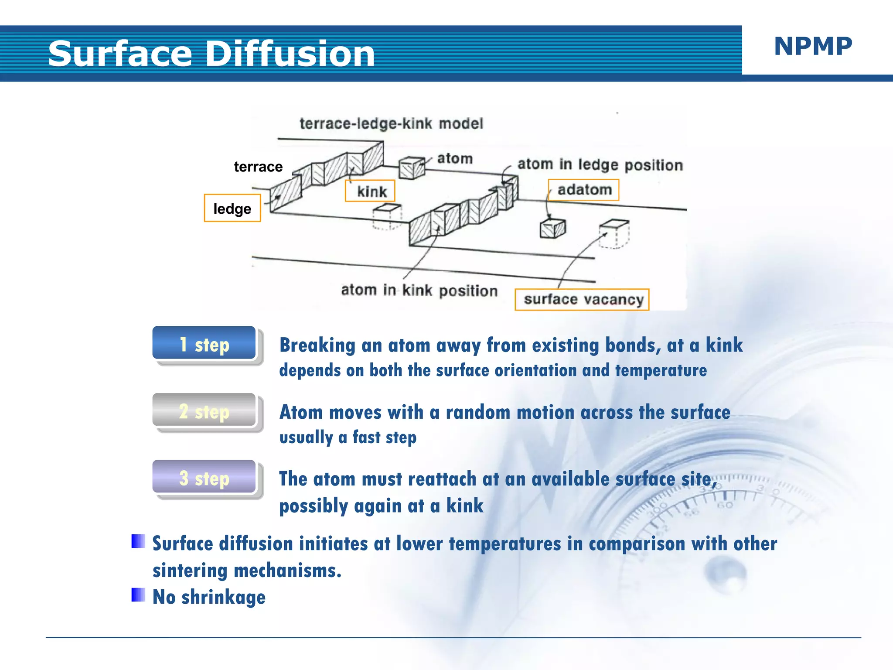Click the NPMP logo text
tap(813, 46)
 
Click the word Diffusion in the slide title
tap(290, 54)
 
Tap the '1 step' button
tap(204, 344)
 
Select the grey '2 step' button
tap(204, 411)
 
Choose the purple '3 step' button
tap(204, 478)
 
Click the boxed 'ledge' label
tap(232, 209)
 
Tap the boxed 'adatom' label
tap(584, 190)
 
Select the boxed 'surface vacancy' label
tap(583, 300)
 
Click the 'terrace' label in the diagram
tap(258, 167)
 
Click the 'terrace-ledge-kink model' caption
tap(391, 123)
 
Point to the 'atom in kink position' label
tap(419, 290)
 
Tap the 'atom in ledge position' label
tap(600, 165)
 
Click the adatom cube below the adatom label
tap(553, 228)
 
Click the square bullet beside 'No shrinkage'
tap(138, 595)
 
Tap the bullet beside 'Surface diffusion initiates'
tap(138, 541)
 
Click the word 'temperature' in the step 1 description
tap(661, 370)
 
